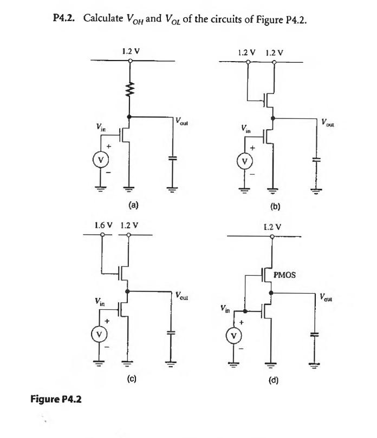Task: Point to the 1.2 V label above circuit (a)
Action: [x=129, y=51]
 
